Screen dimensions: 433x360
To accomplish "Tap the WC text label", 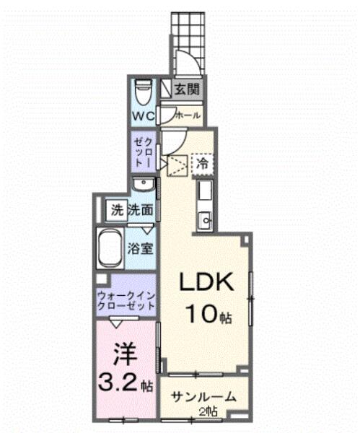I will click(x=142, y=115).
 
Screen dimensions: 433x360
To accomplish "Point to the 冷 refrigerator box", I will click(x=203, y=164).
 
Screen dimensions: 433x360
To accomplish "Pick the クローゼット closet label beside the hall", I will click(x=141, y=152).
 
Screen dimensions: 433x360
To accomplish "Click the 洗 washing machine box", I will click(x=117, y=211).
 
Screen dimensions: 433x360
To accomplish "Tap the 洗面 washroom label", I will click(x=141, y=211).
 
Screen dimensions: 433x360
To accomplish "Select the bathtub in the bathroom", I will click(x=110, y=248).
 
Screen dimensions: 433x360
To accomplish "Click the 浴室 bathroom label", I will click(x=139, y=249).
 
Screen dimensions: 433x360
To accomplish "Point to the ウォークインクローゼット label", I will click(x=127, y=299).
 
